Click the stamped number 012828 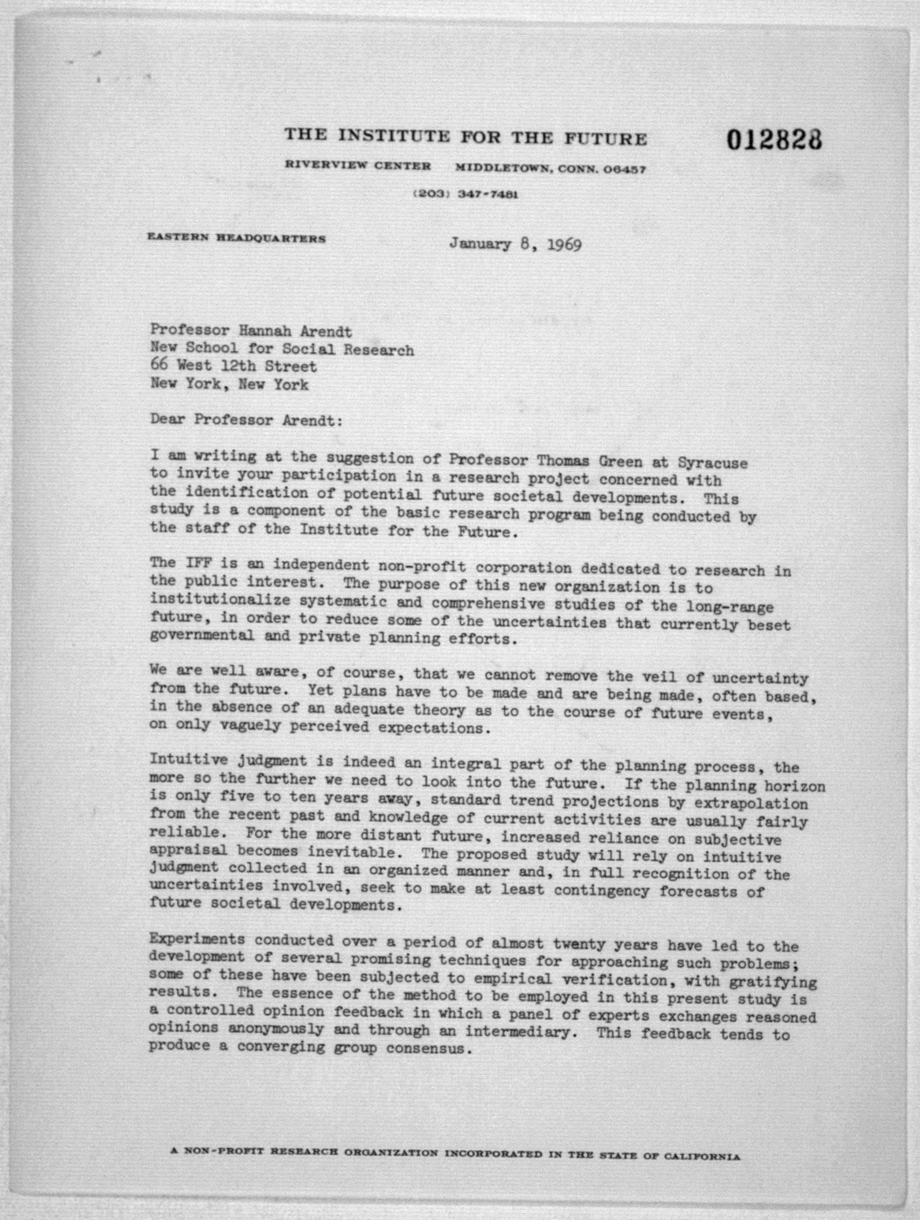774,141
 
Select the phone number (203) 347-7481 465,195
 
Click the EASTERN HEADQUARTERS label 236,238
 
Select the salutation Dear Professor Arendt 246,420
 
